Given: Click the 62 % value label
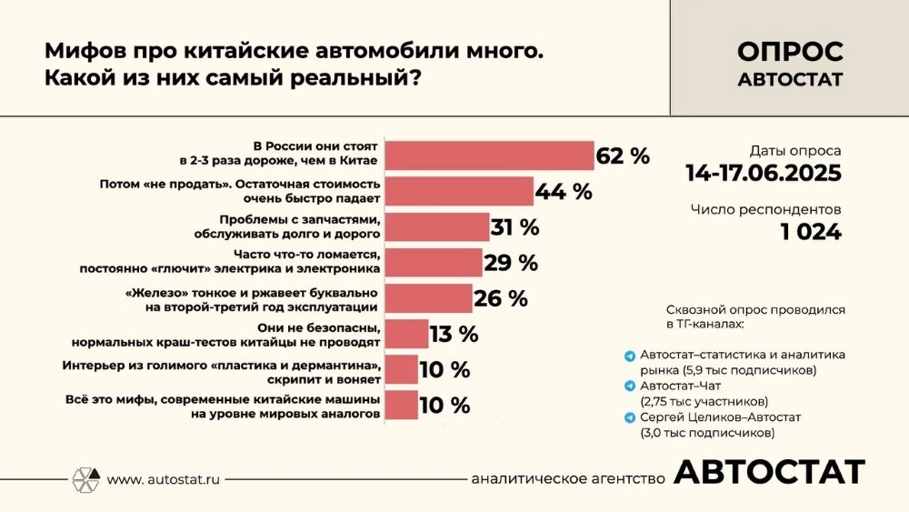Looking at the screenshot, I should click(x=623, y=156).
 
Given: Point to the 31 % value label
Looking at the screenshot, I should click(x=514, y=227).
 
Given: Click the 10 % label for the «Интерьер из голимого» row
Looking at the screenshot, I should click(x=445, y=369).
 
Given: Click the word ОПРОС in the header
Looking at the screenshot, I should click(x=790, y=52).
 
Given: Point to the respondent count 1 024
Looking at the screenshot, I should click(x=811, y=232).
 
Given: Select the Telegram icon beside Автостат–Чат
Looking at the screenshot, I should click(x=630, y=386).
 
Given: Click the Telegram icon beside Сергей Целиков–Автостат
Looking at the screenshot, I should click(x=630, y=417).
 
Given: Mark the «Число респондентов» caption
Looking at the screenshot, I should click(x=765, y=210).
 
